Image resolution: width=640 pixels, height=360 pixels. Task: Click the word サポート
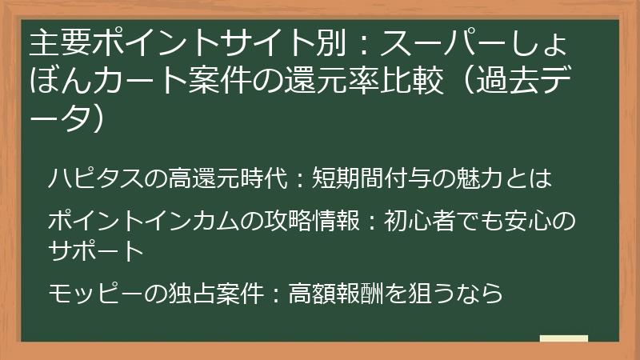(94, 250)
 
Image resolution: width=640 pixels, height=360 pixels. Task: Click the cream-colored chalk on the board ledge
(563, 339)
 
